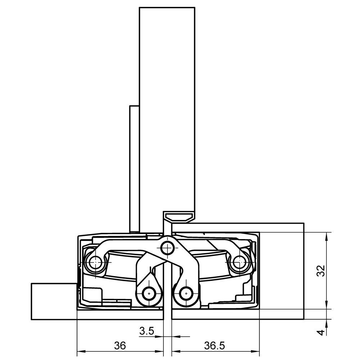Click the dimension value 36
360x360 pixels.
pyautogui.click(x=120, y=345)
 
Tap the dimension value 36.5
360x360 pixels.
pyautogui.click(x=215, y=345)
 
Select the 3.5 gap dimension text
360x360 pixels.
pyautogui.click(x=147, y=331)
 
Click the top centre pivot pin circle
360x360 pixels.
pyautogui.click(x=167, y=248)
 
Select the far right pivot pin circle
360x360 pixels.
pyautogui.click(x=239, y=262)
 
